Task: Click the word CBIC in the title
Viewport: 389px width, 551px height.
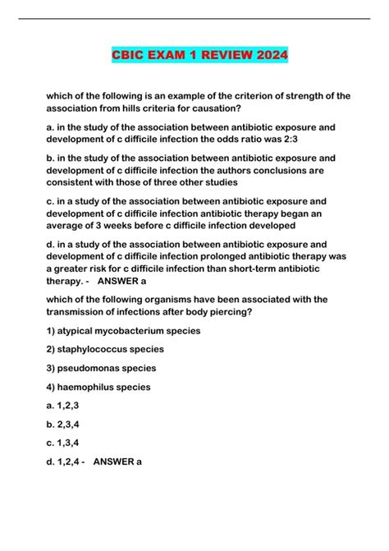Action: [130, 56]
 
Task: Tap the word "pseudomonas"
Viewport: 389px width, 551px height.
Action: [93, 368]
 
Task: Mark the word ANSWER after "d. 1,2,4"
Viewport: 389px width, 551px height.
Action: [113, 462]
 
